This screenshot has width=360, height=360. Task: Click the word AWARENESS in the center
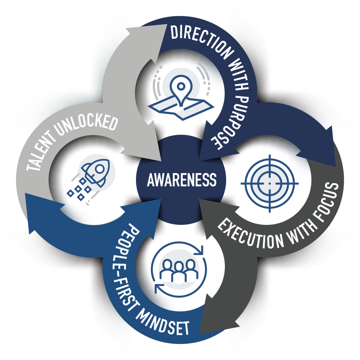pyautogui.click(x=181, y=180)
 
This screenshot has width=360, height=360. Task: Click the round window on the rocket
pyautogui.click(x=100, y=168)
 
